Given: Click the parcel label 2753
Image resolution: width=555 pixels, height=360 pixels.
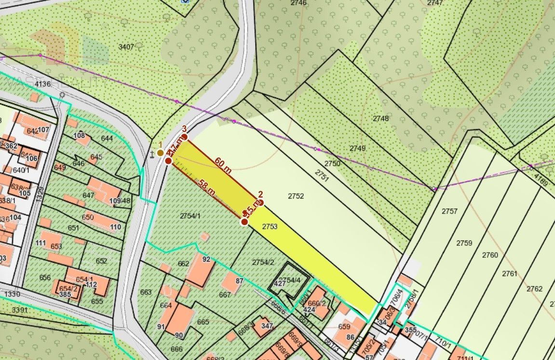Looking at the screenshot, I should pos(270,226).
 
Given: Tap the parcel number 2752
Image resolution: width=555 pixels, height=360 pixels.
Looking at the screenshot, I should pos(296,196).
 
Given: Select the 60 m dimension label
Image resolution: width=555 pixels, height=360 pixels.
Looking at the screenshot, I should pos(223,165).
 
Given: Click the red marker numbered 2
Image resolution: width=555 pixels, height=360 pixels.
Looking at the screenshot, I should pos(260,202).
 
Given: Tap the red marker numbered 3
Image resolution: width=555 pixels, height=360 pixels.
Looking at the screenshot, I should pos(184,137).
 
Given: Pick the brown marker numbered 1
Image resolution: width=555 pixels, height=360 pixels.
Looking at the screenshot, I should pos(160,153).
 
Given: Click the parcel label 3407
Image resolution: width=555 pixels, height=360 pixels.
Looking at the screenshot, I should pos(126,47).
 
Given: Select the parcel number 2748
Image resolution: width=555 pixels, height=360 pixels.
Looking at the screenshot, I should pos(380,118).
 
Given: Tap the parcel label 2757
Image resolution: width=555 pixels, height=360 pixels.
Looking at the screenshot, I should pos(449,211).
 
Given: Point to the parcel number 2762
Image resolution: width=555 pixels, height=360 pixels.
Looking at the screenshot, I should pos(534,289).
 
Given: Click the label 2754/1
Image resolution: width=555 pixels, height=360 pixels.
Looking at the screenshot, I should pos(190,215).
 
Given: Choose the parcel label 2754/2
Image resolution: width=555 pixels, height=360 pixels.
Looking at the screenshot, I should pos(263,262).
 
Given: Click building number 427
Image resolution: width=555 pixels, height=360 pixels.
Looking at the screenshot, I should pos(280,283).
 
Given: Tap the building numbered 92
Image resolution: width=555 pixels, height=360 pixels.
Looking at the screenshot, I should pos(206,259).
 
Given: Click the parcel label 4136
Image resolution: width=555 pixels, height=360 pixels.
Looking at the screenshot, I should pos(42,84).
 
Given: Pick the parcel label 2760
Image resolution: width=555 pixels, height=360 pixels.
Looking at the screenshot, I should pos(490,255).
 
